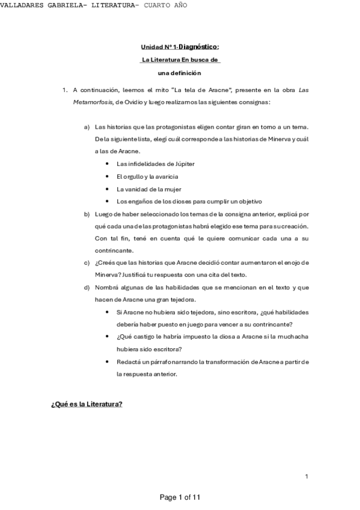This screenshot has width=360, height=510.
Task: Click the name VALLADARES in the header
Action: (x=22, y=5)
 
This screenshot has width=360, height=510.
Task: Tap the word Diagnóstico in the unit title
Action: (x=198, y=46)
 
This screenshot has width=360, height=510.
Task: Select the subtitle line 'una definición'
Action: (x=180, y=73)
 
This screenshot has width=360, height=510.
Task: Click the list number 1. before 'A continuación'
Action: (x=65, y=90)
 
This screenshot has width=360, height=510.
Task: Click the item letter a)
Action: (x=87, y=127)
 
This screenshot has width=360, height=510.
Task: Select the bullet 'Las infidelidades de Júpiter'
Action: (x=155, y=164)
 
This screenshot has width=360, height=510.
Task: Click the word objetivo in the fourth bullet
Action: (x=248, y=201)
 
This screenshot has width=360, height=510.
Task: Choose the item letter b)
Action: (x=87, y=214)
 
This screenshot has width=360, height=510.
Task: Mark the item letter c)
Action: (x=87, y=263)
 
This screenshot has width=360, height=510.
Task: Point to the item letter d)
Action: (x=87, y=287)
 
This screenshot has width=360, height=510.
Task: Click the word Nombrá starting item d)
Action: (x=107, y=287)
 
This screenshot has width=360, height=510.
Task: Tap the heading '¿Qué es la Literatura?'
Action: (x=87, y=404)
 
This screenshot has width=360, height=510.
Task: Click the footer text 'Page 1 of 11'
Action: (x=180, y=497)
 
